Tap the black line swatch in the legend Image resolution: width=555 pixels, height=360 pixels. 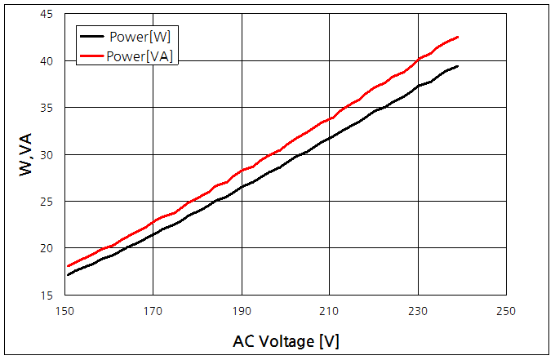[x=93, y=36]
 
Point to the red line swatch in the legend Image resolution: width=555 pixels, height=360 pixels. [x=93, y=56]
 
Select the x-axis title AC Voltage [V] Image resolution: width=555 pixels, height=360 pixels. [x=286, y=341]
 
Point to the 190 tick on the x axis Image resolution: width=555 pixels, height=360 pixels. [x=241, y=311]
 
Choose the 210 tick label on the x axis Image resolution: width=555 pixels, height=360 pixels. [x=329, y=311]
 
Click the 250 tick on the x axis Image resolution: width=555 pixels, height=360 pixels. [x=506, y=311]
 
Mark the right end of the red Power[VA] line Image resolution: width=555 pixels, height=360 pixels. [x=458, y=37]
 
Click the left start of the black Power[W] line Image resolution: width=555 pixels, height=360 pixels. [x=68, y=274]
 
